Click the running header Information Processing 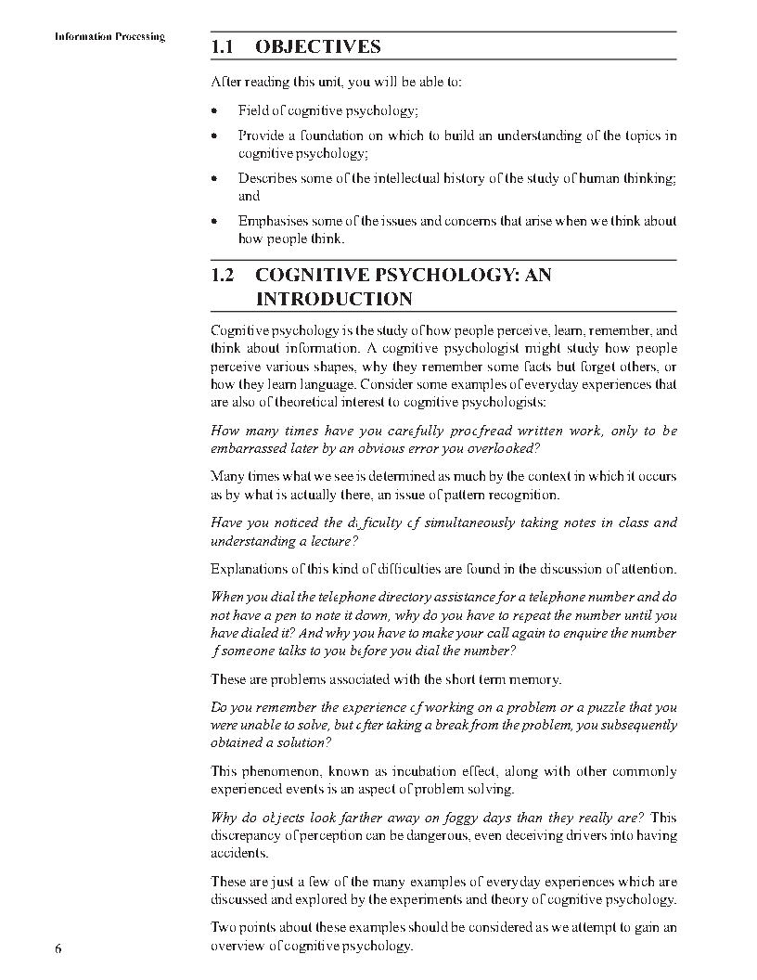coord(109,37)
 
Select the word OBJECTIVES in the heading coord(318,46)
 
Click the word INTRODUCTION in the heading coord(334,300)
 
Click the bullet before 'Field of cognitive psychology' coord(214,110)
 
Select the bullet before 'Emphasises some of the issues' coord(214,222)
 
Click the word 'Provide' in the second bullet coord(260,135)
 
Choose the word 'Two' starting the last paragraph coord(224,928)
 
